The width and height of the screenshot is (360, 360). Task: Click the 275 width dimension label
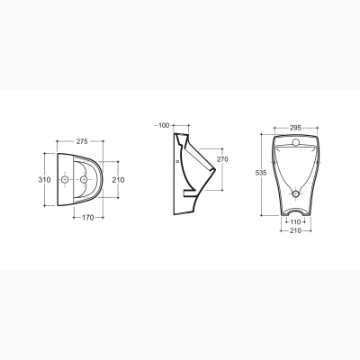tap(82, 141)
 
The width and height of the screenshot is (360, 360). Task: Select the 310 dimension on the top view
tap(44, 180)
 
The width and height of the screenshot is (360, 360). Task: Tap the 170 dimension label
tap(88, 218)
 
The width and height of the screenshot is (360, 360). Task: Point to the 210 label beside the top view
tap(118, 180)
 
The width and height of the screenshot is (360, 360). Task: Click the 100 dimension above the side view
tap(164, 125)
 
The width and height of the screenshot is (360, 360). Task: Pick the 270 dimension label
tap(222, 159)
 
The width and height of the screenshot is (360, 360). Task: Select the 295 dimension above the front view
tap(295, 128)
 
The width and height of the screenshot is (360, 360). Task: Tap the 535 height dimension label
tap(261, 173)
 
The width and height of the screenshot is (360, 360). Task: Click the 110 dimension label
tap(295, 222)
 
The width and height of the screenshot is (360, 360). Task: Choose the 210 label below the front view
tap(295, 230)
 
